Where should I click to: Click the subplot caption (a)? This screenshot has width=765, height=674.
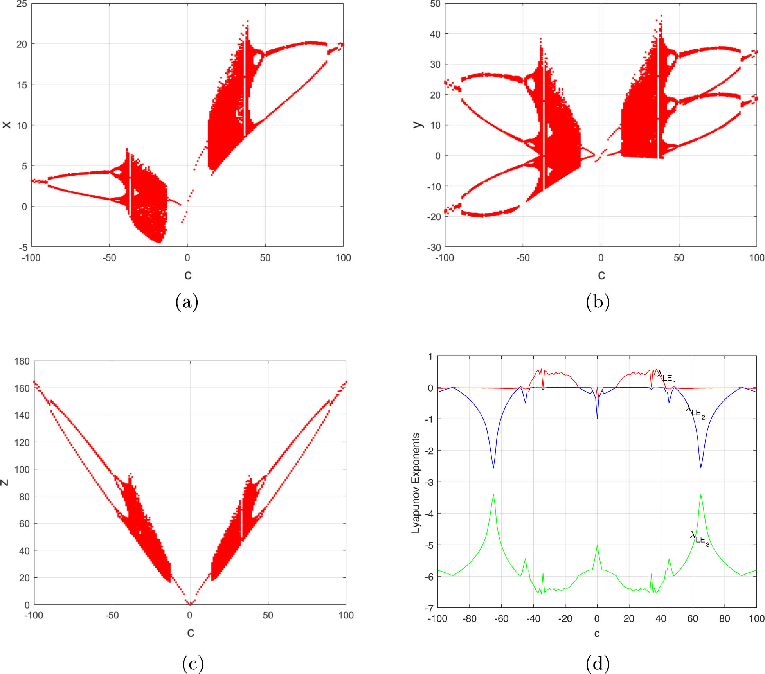187,302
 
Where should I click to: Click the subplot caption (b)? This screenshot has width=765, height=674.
598,302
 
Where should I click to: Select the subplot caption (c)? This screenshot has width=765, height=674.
193,663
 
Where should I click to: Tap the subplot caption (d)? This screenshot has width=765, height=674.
598,663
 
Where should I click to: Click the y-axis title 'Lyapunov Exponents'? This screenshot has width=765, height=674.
416,483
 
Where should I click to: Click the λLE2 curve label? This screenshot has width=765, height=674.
695,412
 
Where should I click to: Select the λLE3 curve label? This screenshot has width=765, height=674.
700,538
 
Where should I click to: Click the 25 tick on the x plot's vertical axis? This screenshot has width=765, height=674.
22,4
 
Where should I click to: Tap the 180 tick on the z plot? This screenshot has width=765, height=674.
22,361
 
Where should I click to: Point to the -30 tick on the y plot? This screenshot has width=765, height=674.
433,247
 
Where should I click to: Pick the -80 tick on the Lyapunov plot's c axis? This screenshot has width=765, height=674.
469,618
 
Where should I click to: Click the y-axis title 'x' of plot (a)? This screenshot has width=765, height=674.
7,125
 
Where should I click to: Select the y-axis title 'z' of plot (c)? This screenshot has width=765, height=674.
5,483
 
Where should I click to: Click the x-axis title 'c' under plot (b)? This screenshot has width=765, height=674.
601,275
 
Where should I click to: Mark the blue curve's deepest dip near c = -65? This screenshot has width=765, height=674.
493,467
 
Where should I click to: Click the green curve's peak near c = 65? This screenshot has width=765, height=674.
701,495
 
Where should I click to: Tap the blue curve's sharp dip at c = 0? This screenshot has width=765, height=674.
597,418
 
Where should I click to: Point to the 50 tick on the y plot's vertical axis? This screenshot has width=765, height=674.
435,4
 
